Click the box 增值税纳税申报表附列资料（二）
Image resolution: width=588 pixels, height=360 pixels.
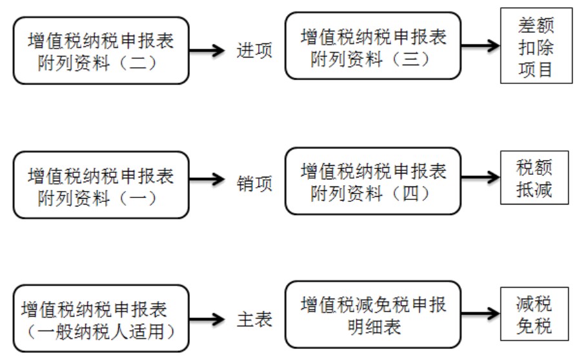point(101,51)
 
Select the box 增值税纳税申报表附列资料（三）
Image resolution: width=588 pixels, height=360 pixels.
point(374,48)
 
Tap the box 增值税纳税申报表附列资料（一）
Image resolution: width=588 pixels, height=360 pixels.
point(101,185)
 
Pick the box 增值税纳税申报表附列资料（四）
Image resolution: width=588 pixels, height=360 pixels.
point(374,181)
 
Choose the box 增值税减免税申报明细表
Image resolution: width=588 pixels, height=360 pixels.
point(374,314)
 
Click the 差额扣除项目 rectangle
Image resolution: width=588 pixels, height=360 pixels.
point(536,48)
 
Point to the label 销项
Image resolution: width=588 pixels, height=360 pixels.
point(253,185)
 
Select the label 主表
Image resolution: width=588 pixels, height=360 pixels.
point(253,319)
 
